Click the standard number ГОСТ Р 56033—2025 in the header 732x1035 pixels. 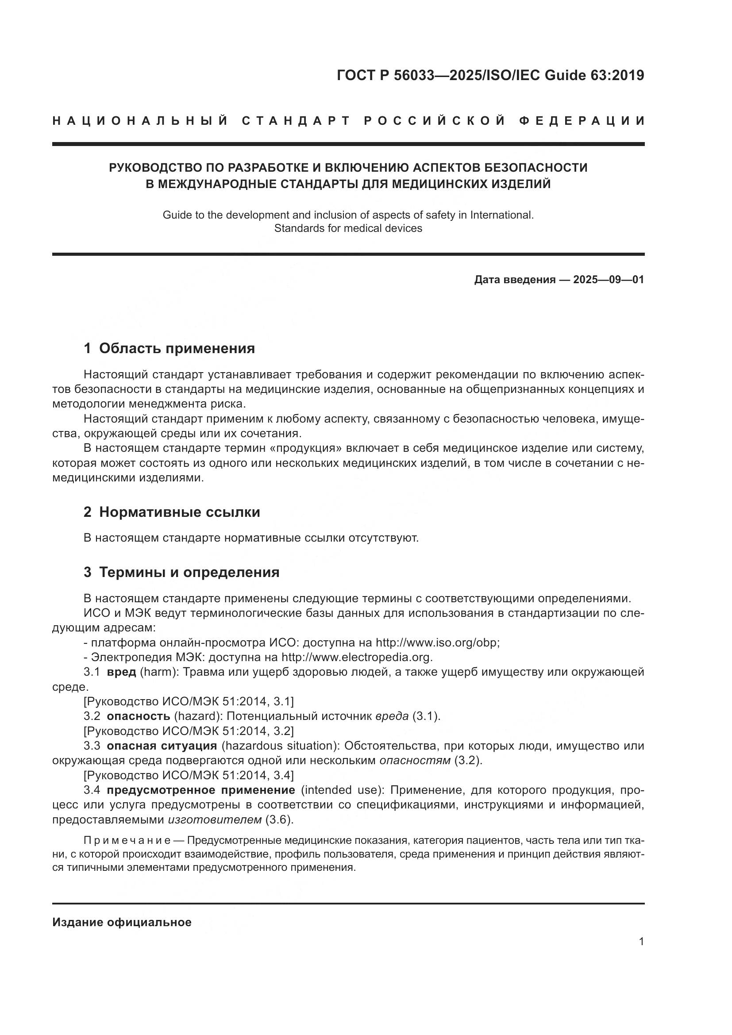pyautogui.click(x=408, y=75)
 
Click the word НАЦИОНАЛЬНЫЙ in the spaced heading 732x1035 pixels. pyautogui.click(x=140, y=121)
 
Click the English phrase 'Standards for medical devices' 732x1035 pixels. pyautogui.click(x=348, y=228)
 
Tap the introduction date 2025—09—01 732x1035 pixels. pyautogui.click(x=608, y=280)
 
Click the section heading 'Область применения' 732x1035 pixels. pyautogui.click(x=177, y=348)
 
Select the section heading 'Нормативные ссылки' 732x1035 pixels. pyautogui.click(x=179, y=512)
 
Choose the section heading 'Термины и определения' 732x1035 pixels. pyautogui.click(x=189, y=572)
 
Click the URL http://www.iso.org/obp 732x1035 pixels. pyautogui.click(x=437, y=643)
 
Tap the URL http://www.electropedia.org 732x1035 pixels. pyautogui.click(x=357, y=657)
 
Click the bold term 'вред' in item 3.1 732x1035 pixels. pyautogui.click(x=121, y=672)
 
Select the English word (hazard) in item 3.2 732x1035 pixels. pyautogui.click(x=197, y=716)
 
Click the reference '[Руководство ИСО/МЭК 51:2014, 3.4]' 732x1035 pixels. pyautogui.click(x=189, y=775)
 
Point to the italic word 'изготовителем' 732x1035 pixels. pyautogui.click(x=215, y=819)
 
